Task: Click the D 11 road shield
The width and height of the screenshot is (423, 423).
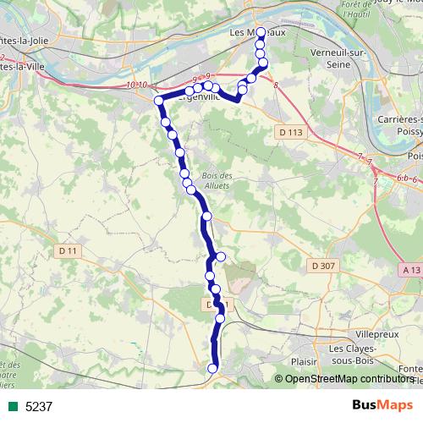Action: click(69, 250)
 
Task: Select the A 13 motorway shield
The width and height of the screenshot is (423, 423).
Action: click(411, 269)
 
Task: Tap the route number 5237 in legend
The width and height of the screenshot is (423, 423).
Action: click(39, 406)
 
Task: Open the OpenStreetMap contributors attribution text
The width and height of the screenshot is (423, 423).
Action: click(349, 379)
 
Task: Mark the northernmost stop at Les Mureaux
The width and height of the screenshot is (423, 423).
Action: click(261, 33)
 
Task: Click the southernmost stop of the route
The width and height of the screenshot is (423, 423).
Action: click(212, 368)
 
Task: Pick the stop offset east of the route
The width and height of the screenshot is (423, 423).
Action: click(222, 256)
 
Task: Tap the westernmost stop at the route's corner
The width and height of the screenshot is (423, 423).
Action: click(158, 102)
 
